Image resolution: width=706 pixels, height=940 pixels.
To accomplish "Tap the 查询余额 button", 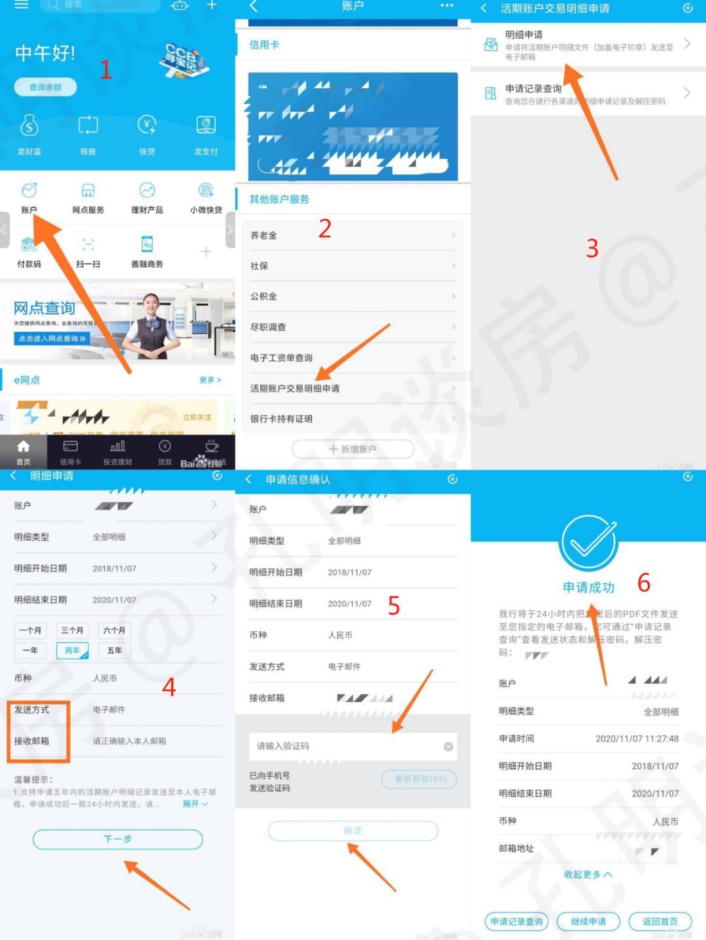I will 45,87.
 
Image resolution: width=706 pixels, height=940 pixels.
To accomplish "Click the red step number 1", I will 105,69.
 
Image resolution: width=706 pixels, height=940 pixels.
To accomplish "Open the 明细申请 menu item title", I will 524,35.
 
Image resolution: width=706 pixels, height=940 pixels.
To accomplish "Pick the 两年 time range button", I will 72,651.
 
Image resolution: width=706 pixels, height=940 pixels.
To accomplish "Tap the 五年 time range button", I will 114,651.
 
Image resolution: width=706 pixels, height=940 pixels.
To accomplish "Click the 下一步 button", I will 118,839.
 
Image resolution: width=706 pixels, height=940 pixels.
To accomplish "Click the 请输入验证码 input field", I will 346,746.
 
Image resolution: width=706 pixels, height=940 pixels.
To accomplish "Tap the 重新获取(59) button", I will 419,779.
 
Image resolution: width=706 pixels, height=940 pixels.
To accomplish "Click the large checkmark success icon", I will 588,543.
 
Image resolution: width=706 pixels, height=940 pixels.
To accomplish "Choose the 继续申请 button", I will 588,922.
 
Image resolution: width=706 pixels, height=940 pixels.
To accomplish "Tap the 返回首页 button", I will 660,922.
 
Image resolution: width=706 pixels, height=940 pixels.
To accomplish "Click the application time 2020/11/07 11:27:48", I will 637,739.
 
